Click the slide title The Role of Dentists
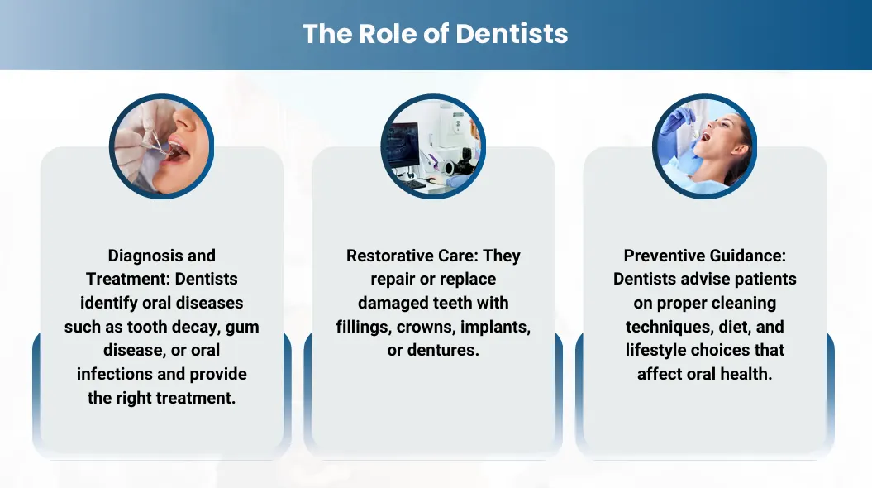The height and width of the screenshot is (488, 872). (x=436, y=33)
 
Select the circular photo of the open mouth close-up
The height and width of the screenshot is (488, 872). (x=161, y=146)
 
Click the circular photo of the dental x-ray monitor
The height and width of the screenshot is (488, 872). (x=433, y=146)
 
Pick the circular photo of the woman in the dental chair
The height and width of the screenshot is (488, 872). (x=704, y=146)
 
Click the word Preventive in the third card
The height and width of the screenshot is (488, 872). (x=659, y=256)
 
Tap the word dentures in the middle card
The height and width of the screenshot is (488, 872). (x=443, y=350)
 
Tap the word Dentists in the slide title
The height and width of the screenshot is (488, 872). (x=512, y=33)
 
